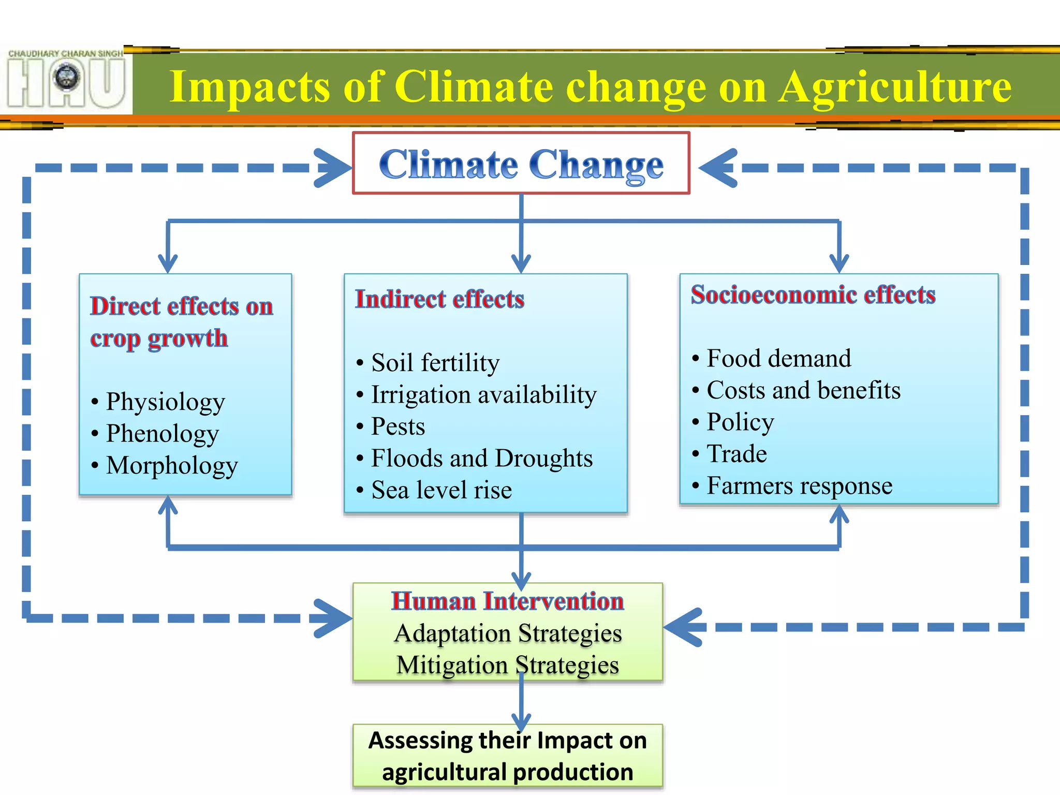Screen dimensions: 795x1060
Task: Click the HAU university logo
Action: click(x=66, y=80)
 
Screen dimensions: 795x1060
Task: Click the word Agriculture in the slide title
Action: click(x=895, y=87)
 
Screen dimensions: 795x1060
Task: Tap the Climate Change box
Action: click(x=521, y=164)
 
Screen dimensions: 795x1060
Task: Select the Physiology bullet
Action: click(x=165, y=402)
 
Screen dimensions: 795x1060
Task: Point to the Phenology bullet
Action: click(x=162, y=434)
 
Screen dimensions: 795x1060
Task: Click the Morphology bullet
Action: click(x=171, y=465)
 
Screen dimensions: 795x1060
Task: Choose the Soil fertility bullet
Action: click(x=435, y=363)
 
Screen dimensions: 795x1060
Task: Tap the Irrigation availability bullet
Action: click(x=483, y=395)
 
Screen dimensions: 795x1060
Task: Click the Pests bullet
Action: click(x=397, y=427)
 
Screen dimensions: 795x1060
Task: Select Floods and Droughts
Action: click(x=481, y=459)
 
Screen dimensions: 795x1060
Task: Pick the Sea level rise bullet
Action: click(x=441, y=490)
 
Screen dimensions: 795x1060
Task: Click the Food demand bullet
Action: click(x=778, y=359)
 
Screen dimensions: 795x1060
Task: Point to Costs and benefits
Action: click(x=803, y=390)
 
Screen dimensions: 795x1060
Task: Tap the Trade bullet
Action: click(x=737, y=454)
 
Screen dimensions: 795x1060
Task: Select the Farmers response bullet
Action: click(x=799, y=486)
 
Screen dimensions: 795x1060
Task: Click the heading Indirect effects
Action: click(x=439, y=299)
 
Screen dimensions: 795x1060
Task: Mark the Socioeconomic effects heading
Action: click(x=813, y=295)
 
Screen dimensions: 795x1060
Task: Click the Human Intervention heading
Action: click(x=507, y=601)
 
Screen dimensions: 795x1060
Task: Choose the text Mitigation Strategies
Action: click(x=507, y=665)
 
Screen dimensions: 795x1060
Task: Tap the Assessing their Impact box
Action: click(x=507, y=756)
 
